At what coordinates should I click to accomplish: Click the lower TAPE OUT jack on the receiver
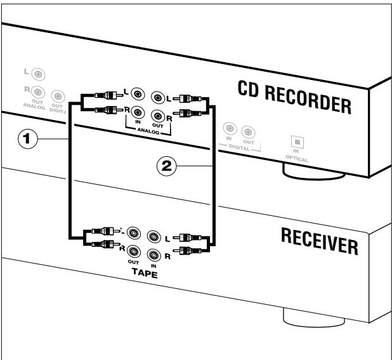point(133,250)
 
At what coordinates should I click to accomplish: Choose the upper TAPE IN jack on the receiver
point(153,237)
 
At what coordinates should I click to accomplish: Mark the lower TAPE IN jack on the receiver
point(153,254)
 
